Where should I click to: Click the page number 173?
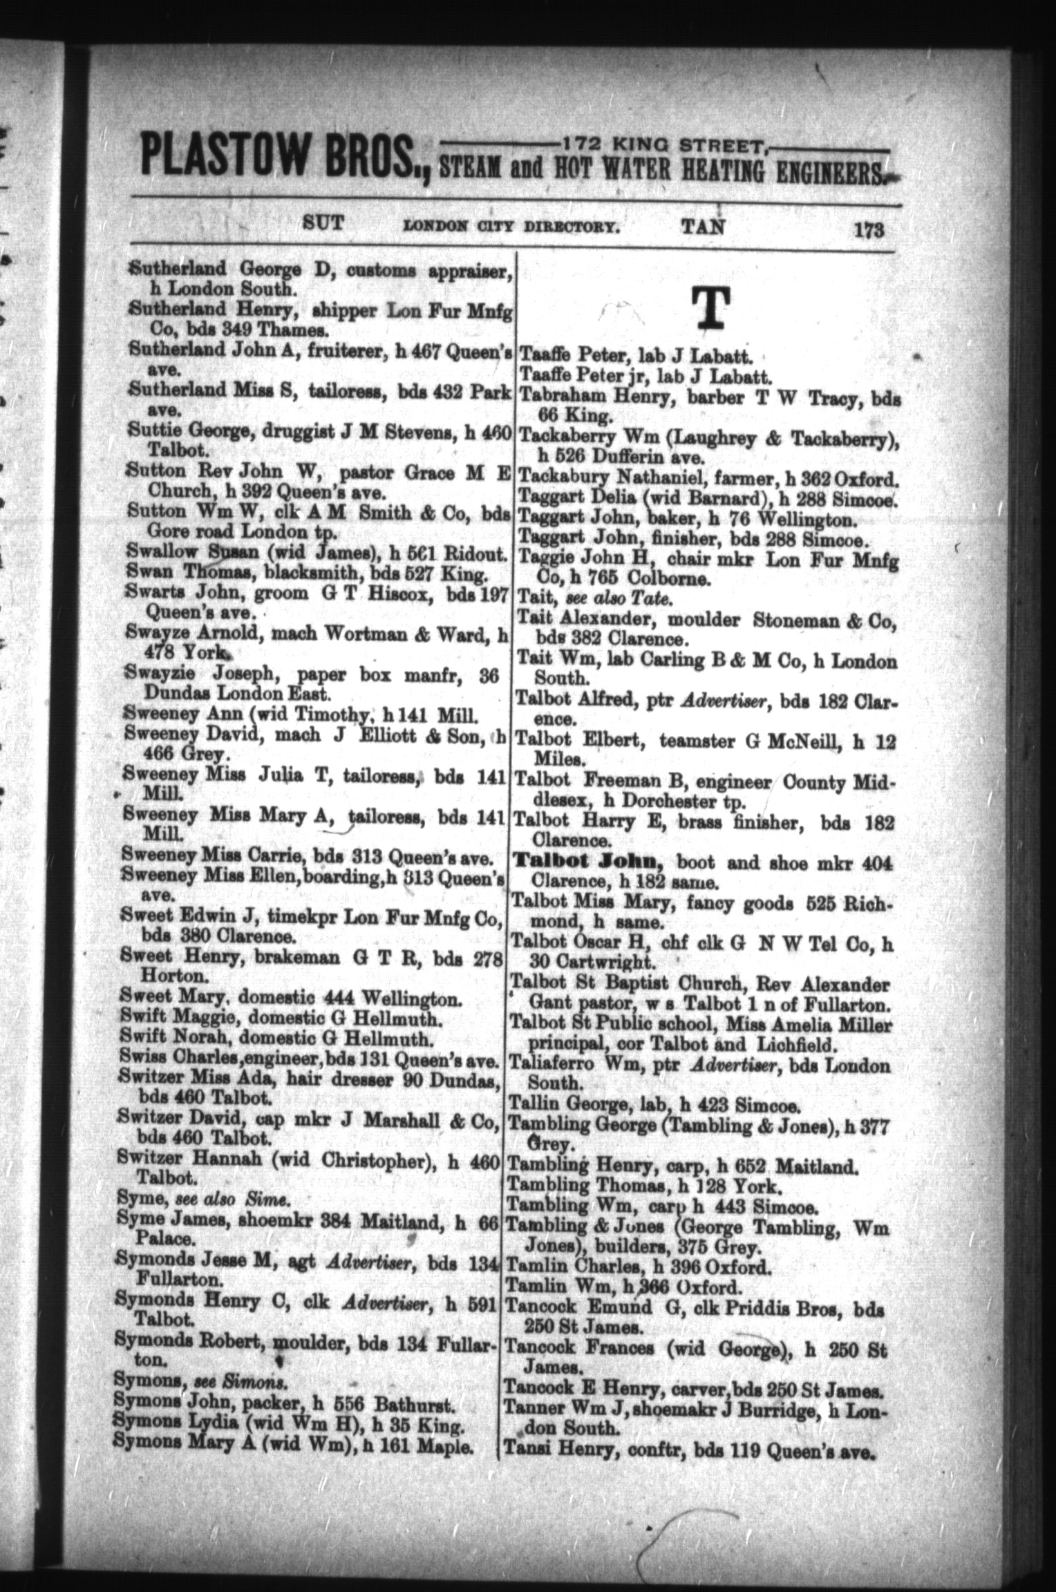pos(869,229)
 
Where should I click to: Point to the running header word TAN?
pos(704,226)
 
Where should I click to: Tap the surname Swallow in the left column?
pos(162,553)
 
